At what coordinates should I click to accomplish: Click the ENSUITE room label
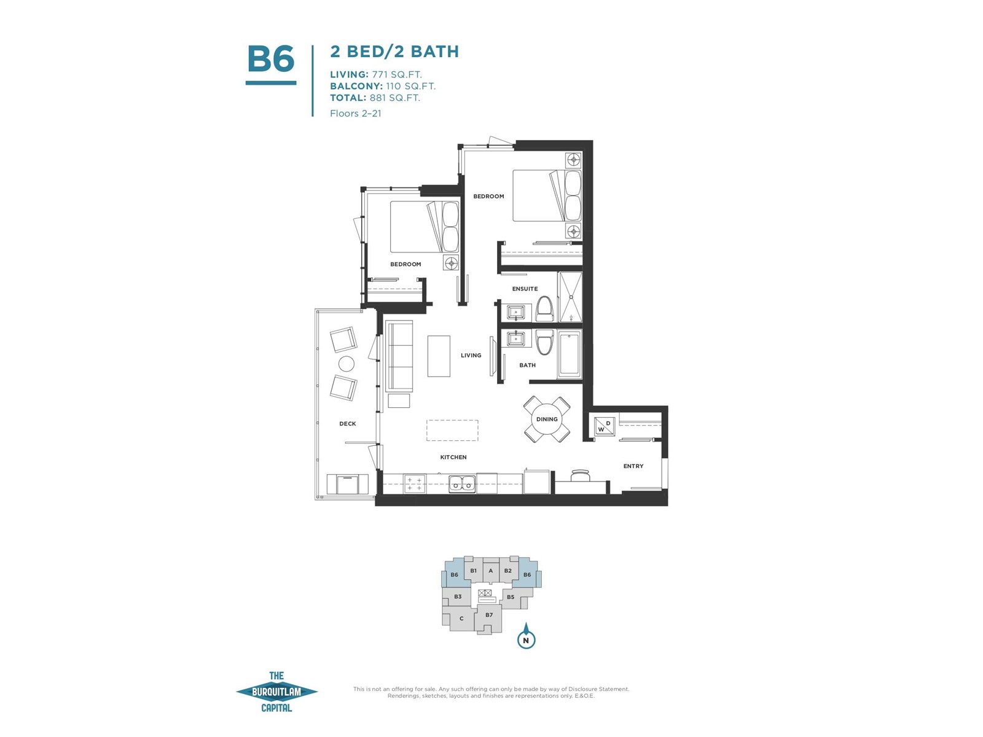click(525, 289)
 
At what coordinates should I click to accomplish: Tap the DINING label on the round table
click(547, 419)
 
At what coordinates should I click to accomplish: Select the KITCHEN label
click(453, 457)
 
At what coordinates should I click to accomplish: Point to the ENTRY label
click(633, 466)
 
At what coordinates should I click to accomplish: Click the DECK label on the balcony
click(348, 423)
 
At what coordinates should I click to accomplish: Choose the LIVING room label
click(471, 356)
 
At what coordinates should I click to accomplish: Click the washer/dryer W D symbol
click(604, 426)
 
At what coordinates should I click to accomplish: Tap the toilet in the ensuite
click(544, 308)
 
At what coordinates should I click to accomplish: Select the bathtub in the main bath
click(570, 355)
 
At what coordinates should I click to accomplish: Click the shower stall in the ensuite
click(570, 297)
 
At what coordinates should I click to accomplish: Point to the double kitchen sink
click(462, 483)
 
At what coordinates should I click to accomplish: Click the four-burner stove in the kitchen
click(415, 484)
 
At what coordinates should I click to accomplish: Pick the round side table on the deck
click(346, 364)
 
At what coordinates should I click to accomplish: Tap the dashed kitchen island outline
click(452, 430)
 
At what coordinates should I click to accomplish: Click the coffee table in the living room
click(439, 356)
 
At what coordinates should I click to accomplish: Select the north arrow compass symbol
click(526, 636)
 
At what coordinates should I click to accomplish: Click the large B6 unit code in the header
click(270, 58)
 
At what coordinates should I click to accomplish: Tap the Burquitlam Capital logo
click(276, 692)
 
